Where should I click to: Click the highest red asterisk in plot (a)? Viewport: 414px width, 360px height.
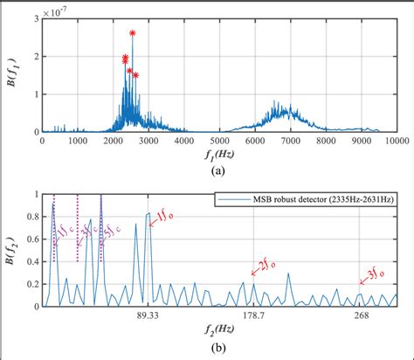click(133, 33)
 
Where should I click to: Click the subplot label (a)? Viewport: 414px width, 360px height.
click(218, 170)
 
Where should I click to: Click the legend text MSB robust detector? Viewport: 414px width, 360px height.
click(317, 200)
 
